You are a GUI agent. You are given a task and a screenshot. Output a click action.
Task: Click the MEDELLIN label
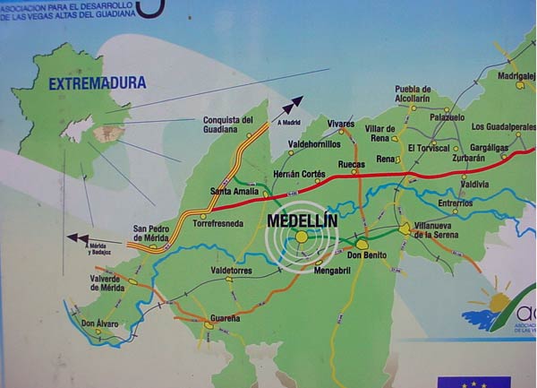[300, 218]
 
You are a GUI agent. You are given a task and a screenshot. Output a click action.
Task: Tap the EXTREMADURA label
[98, 84]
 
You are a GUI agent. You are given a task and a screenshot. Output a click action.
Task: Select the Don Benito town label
[366, 256]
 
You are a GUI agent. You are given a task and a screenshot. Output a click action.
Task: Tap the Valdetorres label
[227, 270]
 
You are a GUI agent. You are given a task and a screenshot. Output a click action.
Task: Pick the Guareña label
[226, 317]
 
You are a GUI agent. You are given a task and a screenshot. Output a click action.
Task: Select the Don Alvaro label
[99, 323]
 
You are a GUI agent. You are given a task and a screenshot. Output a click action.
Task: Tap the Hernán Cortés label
[299, 174]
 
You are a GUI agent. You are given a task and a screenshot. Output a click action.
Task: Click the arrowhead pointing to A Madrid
[296, 101]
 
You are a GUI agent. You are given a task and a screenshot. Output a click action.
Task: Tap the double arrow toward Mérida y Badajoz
[77, 238]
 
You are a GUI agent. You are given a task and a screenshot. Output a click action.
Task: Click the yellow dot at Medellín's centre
[302, 237]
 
